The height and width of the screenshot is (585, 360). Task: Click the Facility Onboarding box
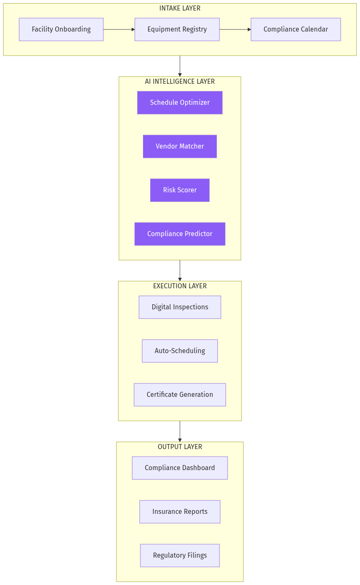pyautogui.click(x=61, y=29)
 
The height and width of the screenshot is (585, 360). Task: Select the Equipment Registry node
pyautogui.click(x=177, y=29)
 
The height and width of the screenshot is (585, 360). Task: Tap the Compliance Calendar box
pyautogui.click(x=296, y=29)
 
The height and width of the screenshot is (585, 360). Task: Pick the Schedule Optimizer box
pyautogui.click(x=180, y=103)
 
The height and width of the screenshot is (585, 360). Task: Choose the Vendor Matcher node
pyautogui.click(x=180, y=146)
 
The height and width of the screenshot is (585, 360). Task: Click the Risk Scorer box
pyautogui.click(x=180, y=190)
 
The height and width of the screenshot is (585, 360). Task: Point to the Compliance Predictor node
pyautogui.click(x=180, y=234)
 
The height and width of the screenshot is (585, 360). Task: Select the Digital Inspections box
pyautogui.click(x=180, y=307)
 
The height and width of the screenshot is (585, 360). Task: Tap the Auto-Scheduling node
pyautogui.click(x=180, y=351)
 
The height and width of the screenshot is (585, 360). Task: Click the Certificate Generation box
pyautogui.click(x=180, y=395)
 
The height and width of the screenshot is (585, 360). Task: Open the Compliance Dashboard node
pyautogui.click(x=180, y=468)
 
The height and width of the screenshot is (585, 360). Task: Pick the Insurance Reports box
pyautogui.click(x=180, y=512)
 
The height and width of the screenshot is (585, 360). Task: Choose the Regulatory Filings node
pyautogui.click(x=180, y=556)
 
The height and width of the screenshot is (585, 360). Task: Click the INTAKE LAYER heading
pyautogui.click(x=180, y=8)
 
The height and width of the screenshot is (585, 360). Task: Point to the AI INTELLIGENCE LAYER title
pyautogui.click(x=180, y=82)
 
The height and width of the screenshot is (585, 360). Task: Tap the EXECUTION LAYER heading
pyautogui.click(x=180, y=286)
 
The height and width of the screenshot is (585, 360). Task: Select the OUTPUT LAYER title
pyautogui.click(x=180, y=447)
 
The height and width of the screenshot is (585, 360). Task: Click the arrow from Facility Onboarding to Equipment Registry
pyautogui.click(x=119, y=29)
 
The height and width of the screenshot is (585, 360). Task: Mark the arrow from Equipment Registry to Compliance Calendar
pyautogui.click(x=235, y=29)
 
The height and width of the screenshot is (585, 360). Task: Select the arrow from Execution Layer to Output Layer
pyautogui.click(x=180, y=431)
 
